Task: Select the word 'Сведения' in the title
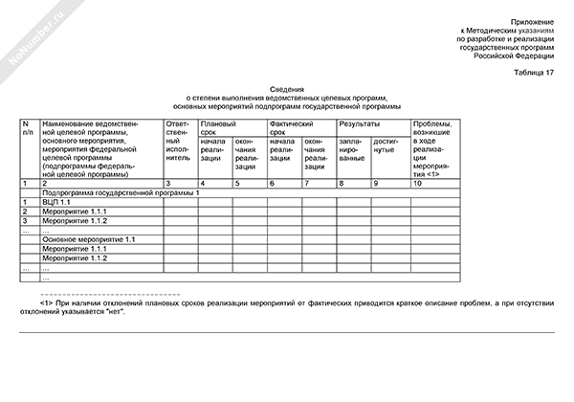coord(287,88)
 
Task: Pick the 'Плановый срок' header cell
coord(215,130)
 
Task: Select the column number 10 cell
coord(418,182)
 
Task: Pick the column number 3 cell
coord(168,182)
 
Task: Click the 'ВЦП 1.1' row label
coord(57,203)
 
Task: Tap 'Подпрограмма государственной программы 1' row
coord(119,192)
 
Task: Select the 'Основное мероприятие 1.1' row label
coord(90,238)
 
